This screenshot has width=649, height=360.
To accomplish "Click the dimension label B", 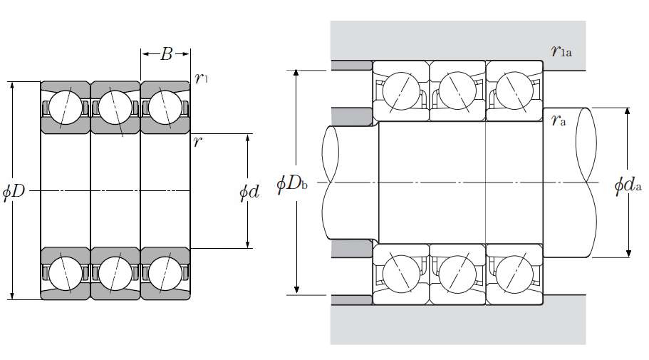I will point(166,54).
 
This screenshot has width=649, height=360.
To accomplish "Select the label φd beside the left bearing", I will point(249,192).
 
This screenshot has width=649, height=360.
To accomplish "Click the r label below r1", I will point(197,140).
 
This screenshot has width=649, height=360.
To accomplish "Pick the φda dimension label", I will point(629,186).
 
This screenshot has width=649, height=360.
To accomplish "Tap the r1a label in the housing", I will point(562,51).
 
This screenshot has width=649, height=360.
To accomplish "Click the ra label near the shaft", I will point(559,120).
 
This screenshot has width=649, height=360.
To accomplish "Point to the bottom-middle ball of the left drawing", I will point(111,272).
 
